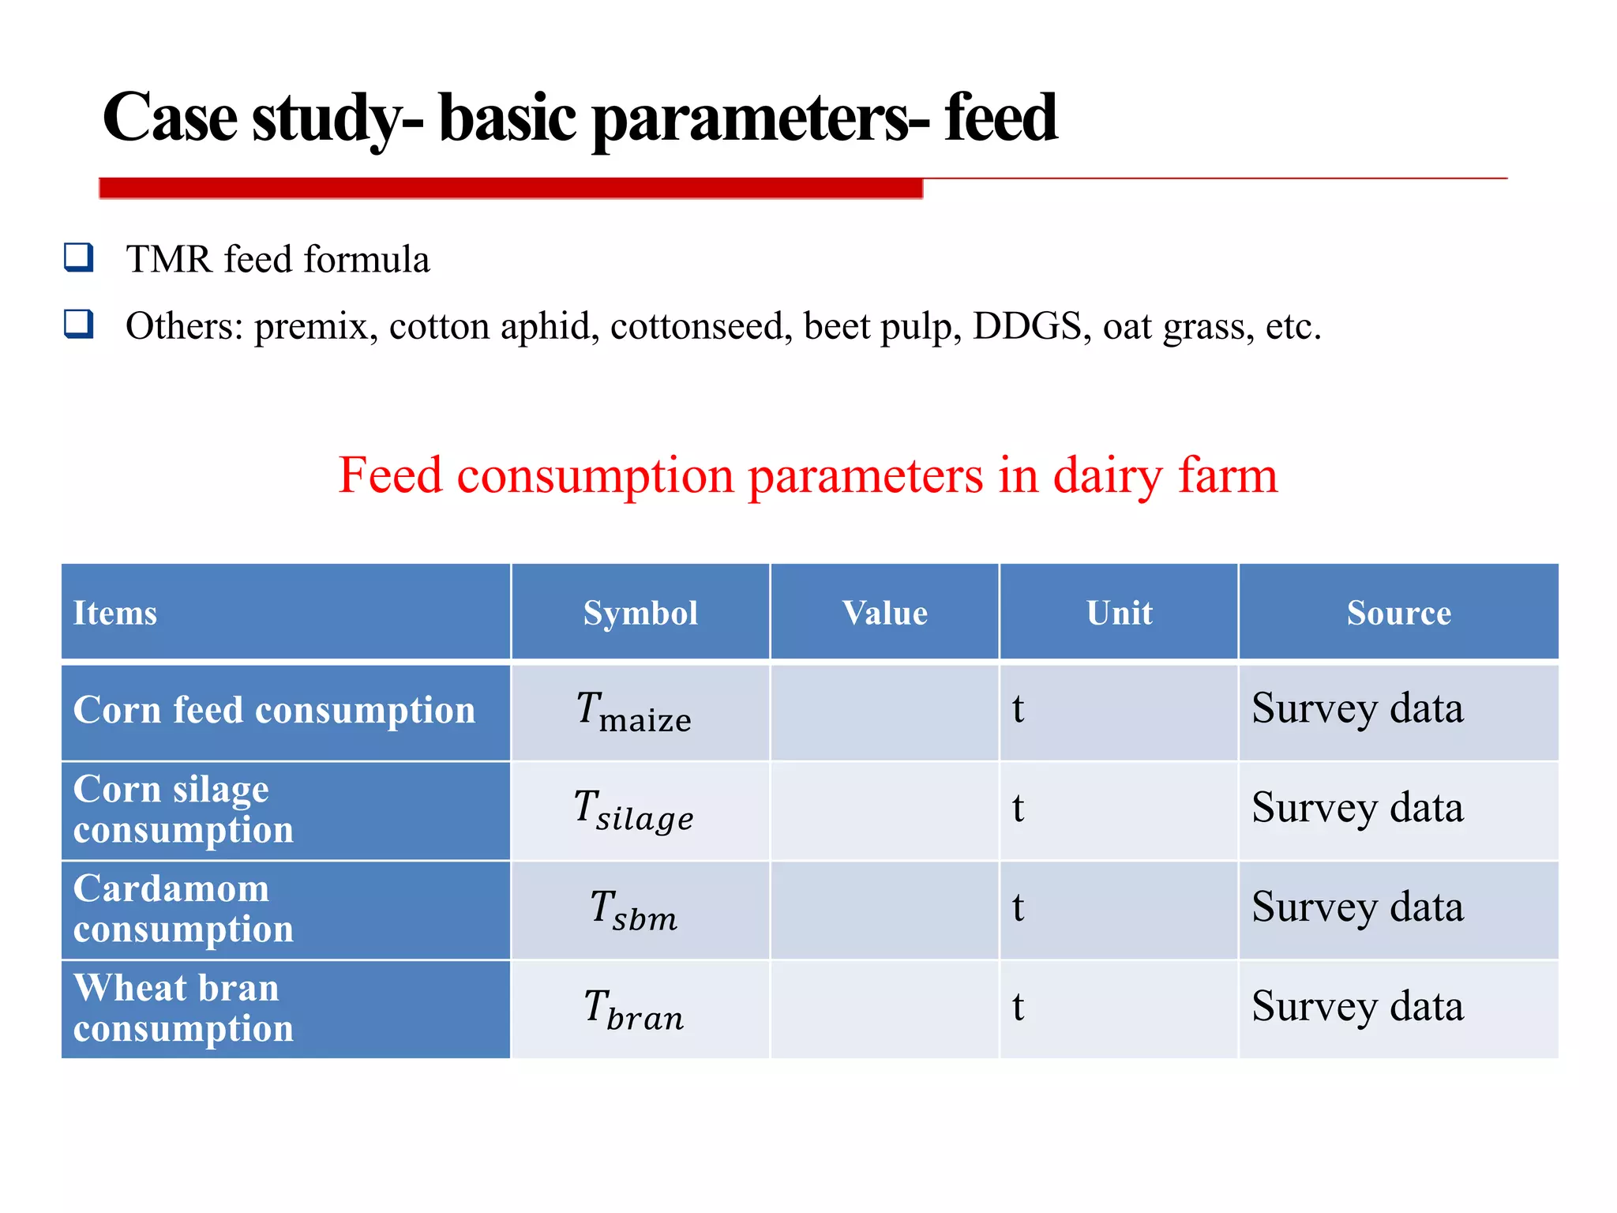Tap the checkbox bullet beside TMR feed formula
79,257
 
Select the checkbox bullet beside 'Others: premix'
79,324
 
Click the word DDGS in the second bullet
1026,326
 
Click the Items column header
115,613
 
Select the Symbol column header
640,613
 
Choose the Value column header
884,613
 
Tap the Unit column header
1119,613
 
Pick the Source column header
1398,613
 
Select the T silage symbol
634,810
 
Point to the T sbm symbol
634,910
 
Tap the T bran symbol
634,1009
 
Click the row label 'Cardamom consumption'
183,909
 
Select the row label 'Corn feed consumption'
274,710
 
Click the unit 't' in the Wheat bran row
1018,1008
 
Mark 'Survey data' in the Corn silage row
1357,809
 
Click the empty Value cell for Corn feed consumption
884,712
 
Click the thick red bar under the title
510,188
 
